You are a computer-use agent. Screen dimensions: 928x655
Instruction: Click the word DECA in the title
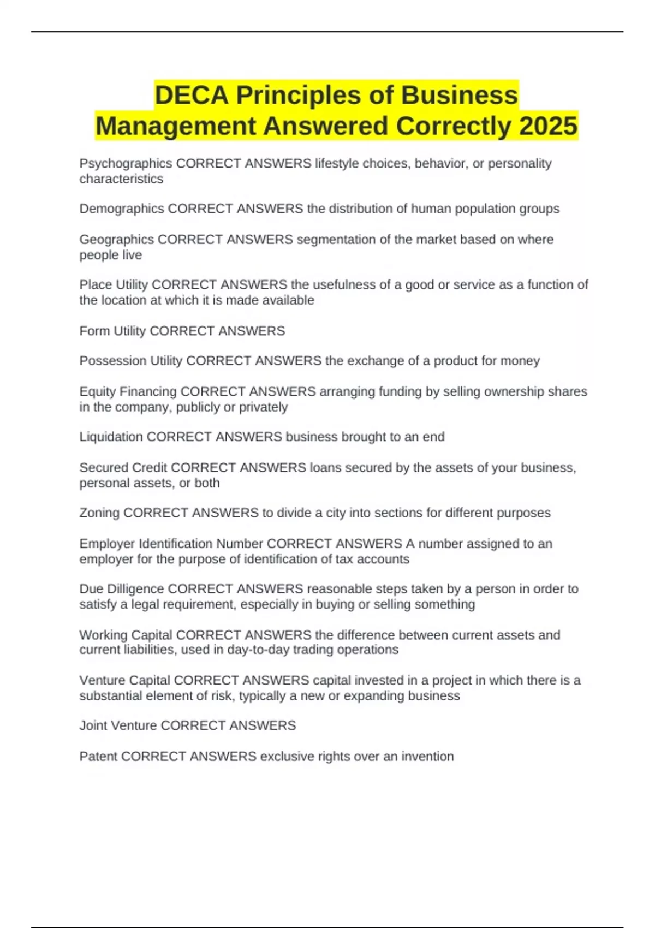(x=192, y=96)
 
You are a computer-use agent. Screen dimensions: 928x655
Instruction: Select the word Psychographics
(x=126, y=164)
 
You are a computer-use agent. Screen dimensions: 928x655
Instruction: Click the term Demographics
(x=122, y=209)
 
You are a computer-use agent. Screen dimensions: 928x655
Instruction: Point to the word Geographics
(x=117, y=240)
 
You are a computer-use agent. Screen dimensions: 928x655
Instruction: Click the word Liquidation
(x=111, y=437)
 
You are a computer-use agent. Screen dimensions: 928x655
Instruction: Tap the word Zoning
(x=100, y=513)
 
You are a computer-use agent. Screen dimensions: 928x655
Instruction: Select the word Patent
(x=98, y=757)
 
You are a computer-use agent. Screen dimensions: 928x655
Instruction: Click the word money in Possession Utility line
(x=522, y=361)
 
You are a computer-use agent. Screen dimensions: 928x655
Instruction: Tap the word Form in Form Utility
(x=94, y=331)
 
